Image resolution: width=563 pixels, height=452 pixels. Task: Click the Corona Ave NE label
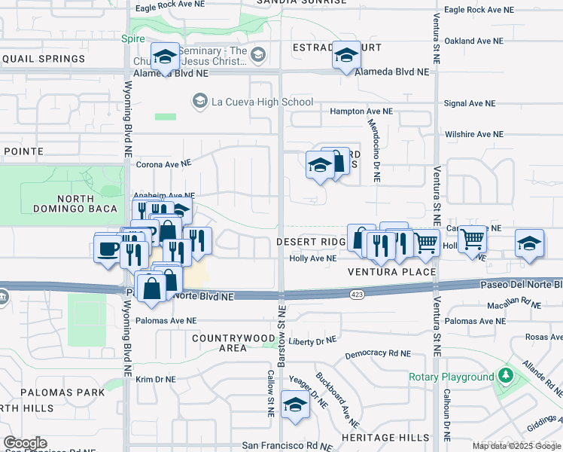[x=164, y=163]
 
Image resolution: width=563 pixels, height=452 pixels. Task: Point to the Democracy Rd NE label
[x=378, y=353]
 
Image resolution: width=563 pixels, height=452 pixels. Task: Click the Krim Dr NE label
[x=155, y=380]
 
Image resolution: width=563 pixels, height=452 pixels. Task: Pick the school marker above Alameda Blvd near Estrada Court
[x=346, y=55]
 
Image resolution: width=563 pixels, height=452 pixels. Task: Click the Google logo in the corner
[x=25, y=443]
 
